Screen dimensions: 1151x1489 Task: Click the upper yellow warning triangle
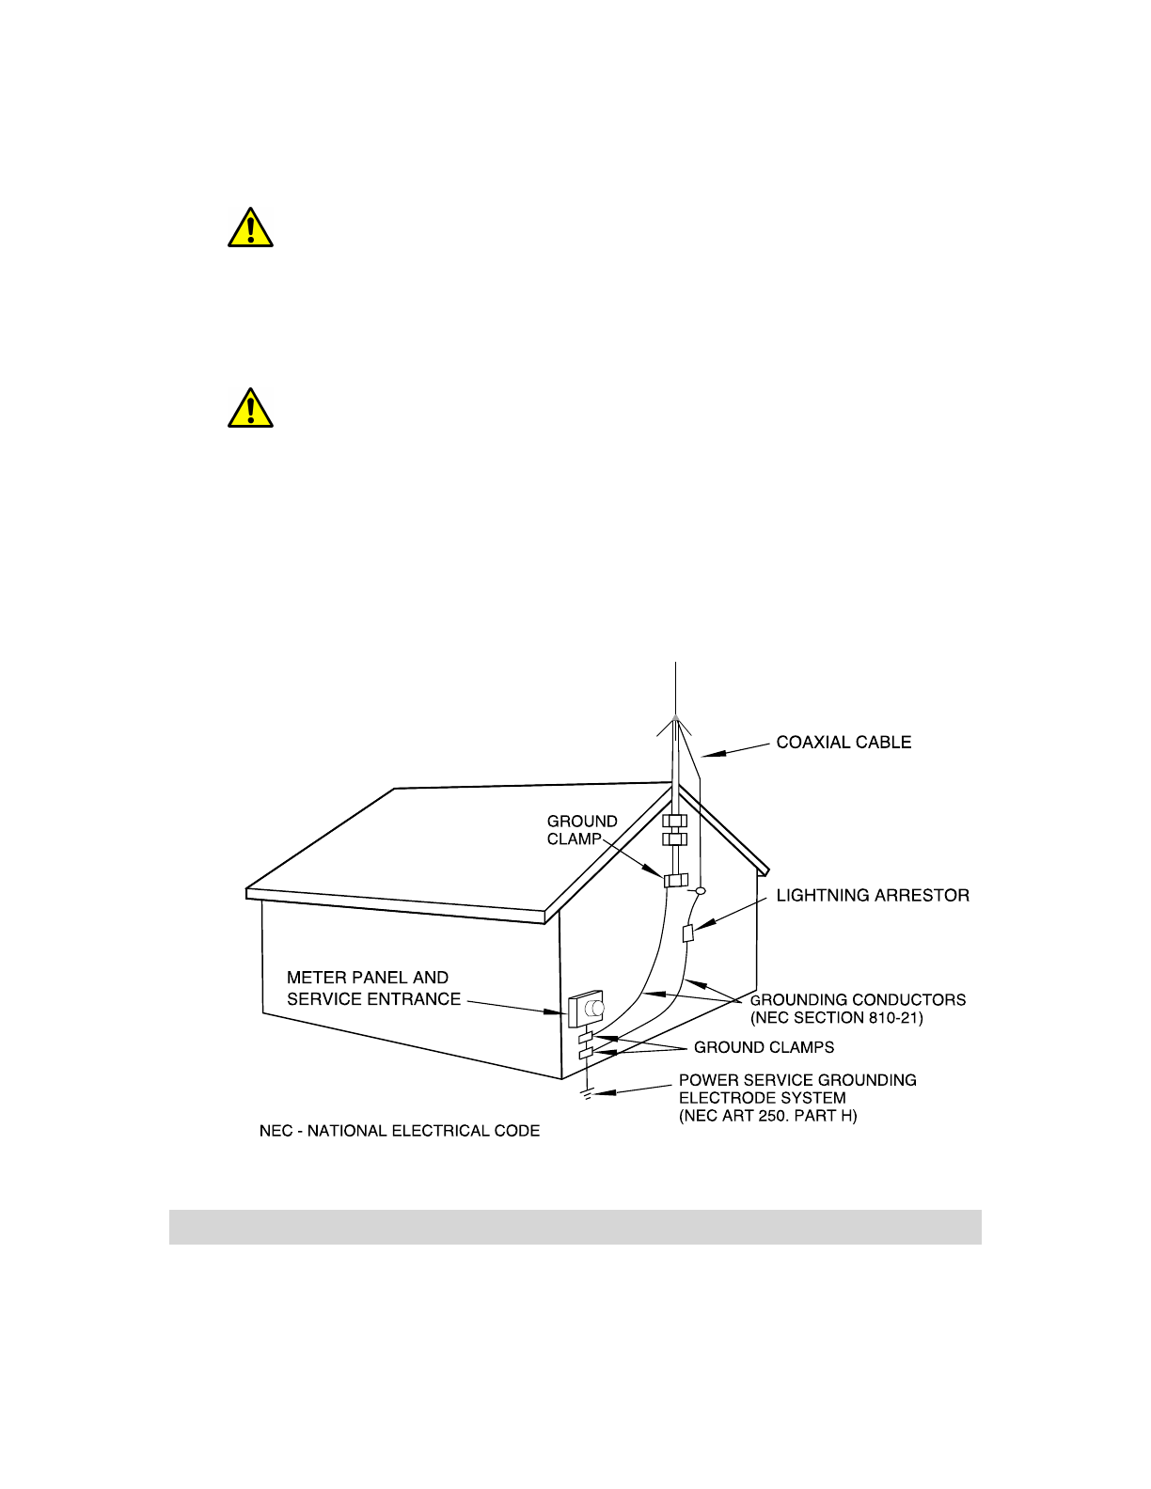point(250,228)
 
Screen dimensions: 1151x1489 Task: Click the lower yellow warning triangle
point(250,409)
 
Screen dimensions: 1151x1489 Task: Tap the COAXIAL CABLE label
point(844,743)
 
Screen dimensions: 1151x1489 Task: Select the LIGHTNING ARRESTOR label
point(872,896)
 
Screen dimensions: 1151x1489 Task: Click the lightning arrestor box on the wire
point(687,933)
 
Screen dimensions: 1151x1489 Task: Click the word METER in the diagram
point(317,978)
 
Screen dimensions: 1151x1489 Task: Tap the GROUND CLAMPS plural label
point(764,1047)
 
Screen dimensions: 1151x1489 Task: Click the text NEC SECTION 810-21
point(837,1018)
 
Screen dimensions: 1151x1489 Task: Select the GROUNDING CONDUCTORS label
point(858,1000)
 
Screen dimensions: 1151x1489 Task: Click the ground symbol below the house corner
point(587,1093)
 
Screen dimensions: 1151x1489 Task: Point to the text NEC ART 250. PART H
point(768,1117)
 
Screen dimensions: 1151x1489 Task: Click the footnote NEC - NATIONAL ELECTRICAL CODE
point(400,1131)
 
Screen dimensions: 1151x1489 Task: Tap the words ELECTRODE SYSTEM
point(763,1098)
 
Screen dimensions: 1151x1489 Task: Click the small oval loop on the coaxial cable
point(700,889)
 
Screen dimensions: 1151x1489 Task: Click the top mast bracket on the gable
point(675,821)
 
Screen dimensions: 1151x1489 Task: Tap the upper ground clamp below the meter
point(586,1038)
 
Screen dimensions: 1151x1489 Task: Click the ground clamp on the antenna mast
point(675,881)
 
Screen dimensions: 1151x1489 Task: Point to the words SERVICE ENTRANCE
point(374,999)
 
